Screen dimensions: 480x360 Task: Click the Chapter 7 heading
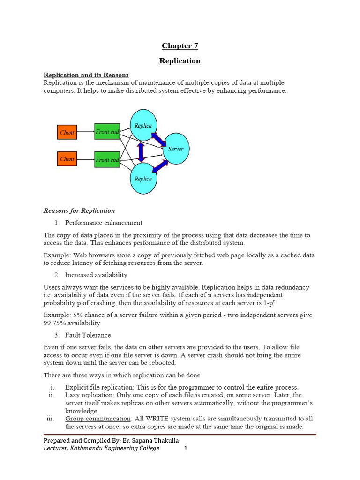(x=180, y=45)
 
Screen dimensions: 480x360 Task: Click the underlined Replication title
(x=180, y=61)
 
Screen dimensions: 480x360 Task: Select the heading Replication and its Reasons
(x=86, y=75)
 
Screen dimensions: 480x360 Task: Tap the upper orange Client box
(x=67, y=132)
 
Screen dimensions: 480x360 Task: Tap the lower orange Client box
(x=67, y=159)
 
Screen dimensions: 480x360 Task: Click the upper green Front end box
(x=107, y=132)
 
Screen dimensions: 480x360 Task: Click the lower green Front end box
(x=107, y=160)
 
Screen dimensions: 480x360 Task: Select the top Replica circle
(x=143, y=125)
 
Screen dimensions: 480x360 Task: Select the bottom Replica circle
(x=143, y=178)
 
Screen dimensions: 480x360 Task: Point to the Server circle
(x=176, y=149)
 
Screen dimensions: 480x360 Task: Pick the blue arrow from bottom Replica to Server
(x=160, y=165)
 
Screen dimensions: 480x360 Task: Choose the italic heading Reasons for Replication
(x=79, y=210)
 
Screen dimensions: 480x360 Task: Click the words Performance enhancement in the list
(x=104, y=223)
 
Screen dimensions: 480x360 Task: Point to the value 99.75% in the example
(x=56, y=323)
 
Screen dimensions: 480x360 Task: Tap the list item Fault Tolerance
(x=88, y=335)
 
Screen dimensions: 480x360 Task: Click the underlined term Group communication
(x=97, y=418)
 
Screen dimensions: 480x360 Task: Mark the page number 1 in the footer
(x=186, y=448)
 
